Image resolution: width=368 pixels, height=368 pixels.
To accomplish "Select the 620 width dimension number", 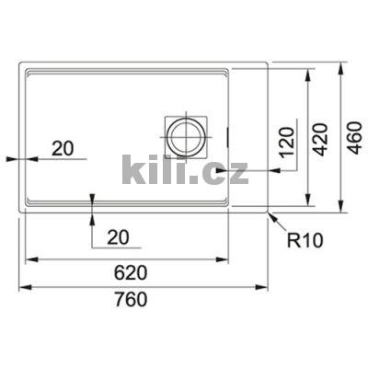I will coord(132,273).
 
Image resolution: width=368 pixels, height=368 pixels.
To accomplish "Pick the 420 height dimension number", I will coord(320,141).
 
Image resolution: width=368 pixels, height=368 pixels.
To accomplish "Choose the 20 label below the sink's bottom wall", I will coord(118,238).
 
